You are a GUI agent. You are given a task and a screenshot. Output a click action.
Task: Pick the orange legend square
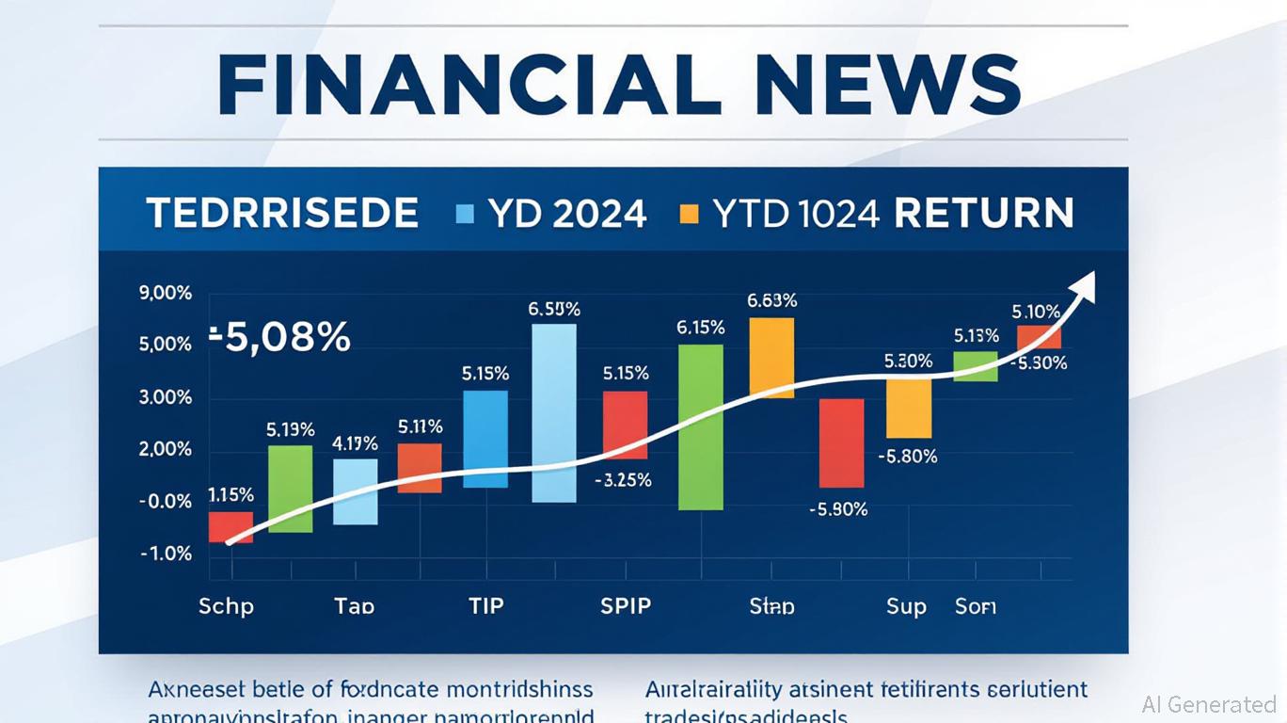pyautogui.click(x=690, y=214)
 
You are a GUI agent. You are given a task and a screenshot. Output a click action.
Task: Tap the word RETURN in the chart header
pyautogui.click(x=983, y=214)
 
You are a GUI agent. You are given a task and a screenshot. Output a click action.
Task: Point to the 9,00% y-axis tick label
pyautogui.click(x=165, y=293)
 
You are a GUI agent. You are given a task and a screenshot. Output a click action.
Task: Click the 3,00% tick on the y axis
pyautogui.click(x=165, y=397)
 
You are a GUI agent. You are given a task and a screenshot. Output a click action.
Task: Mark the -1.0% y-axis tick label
pyautogui.click(x=166, y=554)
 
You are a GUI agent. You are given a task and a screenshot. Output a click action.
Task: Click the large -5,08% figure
pyautogui.click(x=278, y=336)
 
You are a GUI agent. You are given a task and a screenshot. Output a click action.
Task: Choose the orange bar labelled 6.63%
pyautogui.click(x=771, y=357)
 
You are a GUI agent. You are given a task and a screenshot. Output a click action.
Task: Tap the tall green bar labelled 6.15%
pyautogui.click(x=701, y=426)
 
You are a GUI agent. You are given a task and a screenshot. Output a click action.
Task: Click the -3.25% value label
pyautogui.click(x=623, y=479)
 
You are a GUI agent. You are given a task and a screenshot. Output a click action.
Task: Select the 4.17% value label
pyautogui.click(x=356, y=442)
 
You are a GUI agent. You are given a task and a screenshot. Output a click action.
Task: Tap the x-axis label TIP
pyautogui.click(x=486, y=605)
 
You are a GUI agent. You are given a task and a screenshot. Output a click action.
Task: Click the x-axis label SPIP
pyautogui.click(x=626, y=605)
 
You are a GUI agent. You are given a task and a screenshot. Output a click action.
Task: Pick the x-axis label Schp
pyautogui.click(x=226, y=605)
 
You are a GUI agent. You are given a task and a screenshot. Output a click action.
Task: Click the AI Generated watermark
pyautogui.click(x=1208, y=704)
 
